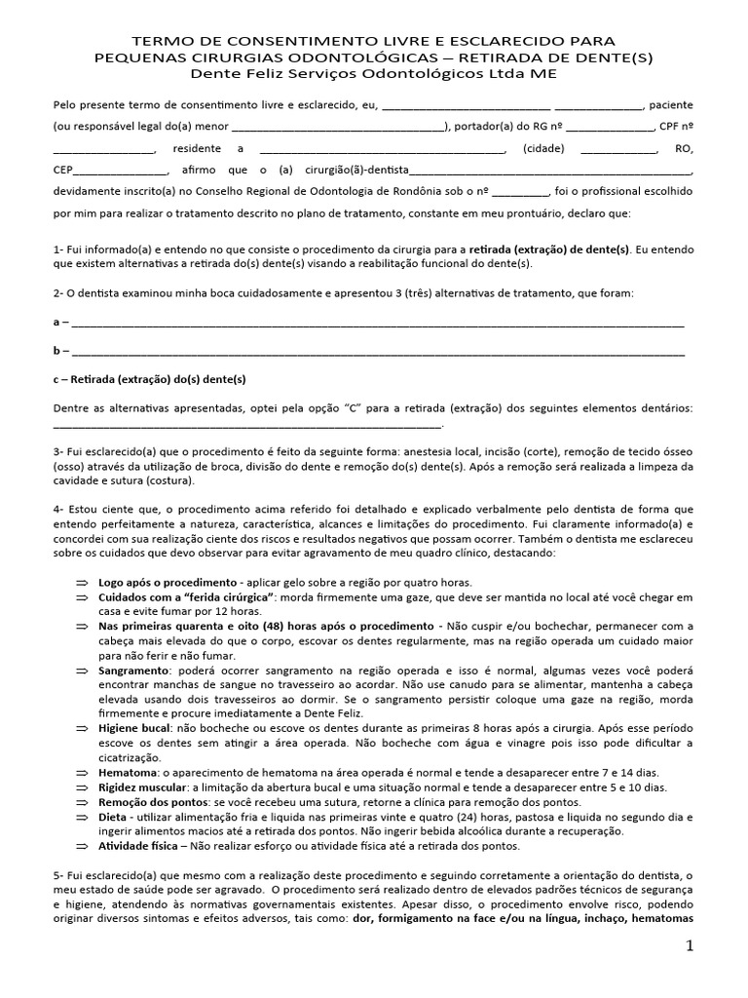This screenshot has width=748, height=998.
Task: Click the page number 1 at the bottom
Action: [689, 947]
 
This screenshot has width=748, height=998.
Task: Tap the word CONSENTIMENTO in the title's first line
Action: [275, 41]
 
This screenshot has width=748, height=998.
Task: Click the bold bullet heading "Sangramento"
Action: [133, 672]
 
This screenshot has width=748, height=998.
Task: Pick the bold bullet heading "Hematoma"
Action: [128, 772]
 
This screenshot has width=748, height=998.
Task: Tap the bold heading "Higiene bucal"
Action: [136, 728]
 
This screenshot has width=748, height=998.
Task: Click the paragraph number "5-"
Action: [59, 876]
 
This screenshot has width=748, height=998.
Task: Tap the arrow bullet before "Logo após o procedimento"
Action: [82, 581]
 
